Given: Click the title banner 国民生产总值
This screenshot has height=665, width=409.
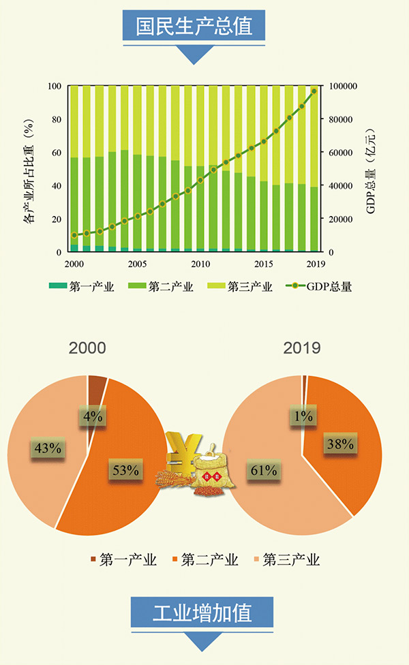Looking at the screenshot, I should (195, 27).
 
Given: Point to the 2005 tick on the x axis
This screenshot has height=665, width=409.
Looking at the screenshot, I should (137, 264).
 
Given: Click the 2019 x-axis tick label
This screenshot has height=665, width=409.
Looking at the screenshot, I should (316, 264).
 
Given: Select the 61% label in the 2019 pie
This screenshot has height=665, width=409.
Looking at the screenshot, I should (262, 470).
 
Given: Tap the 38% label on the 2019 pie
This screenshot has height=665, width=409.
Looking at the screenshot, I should (339, 444).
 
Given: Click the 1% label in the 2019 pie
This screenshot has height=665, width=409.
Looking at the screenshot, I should (304, 416).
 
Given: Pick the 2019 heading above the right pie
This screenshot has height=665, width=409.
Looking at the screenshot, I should (302, 347).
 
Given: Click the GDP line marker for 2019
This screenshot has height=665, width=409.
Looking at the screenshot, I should (314, 91).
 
